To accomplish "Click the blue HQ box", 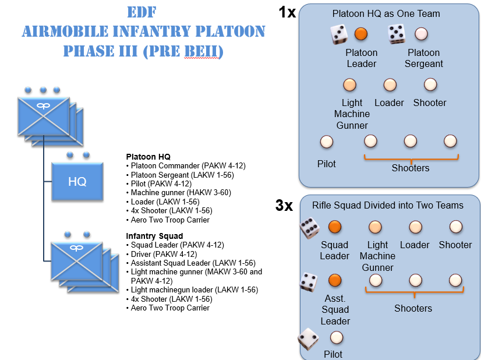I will [x=77, y=181].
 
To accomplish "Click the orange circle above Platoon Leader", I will [x=361, y=34].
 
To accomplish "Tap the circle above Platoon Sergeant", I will [x=421, y=34].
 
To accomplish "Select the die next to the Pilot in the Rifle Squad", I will [x=308, y=338].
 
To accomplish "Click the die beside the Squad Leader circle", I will [x=309, y=228].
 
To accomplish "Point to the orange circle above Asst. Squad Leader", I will [x=334, y=281].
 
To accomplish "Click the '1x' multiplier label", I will [x=287, y=12].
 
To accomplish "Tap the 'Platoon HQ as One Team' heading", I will [x=386, y=13].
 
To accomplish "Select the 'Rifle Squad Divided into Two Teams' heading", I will [x=388, y=205].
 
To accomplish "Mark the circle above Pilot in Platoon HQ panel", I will [x=327, y=142].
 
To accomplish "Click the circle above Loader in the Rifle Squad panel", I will [x=415, y=227].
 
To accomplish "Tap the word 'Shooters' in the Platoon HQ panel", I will [x=411, y=168].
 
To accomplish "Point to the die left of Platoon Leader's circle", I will [x=339, y=34].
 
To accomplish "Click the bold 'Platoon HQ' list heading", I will [x=148, y=157].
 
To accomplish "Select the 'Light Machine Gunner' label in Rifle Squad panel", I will [x=377, y=256].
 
